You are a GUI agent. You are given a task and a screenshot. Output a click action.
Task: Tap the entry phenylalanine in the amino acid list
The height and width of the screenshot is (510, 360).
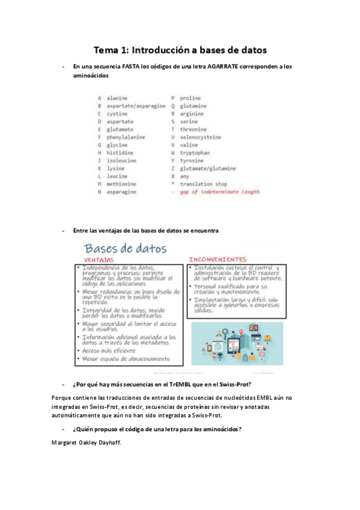tap(126, 137)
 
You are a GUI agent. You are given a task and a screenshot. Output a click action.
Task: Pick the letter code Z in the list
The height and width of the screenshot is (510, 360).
tap(172, 168)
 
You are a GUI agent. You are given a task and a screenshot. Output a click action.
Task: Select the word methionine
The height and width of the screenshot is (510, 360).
tap(123, 184)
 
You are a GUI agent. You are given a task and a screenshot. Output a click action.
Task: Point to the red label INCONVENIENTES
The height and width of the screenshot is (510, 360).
tap(217, 259)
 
